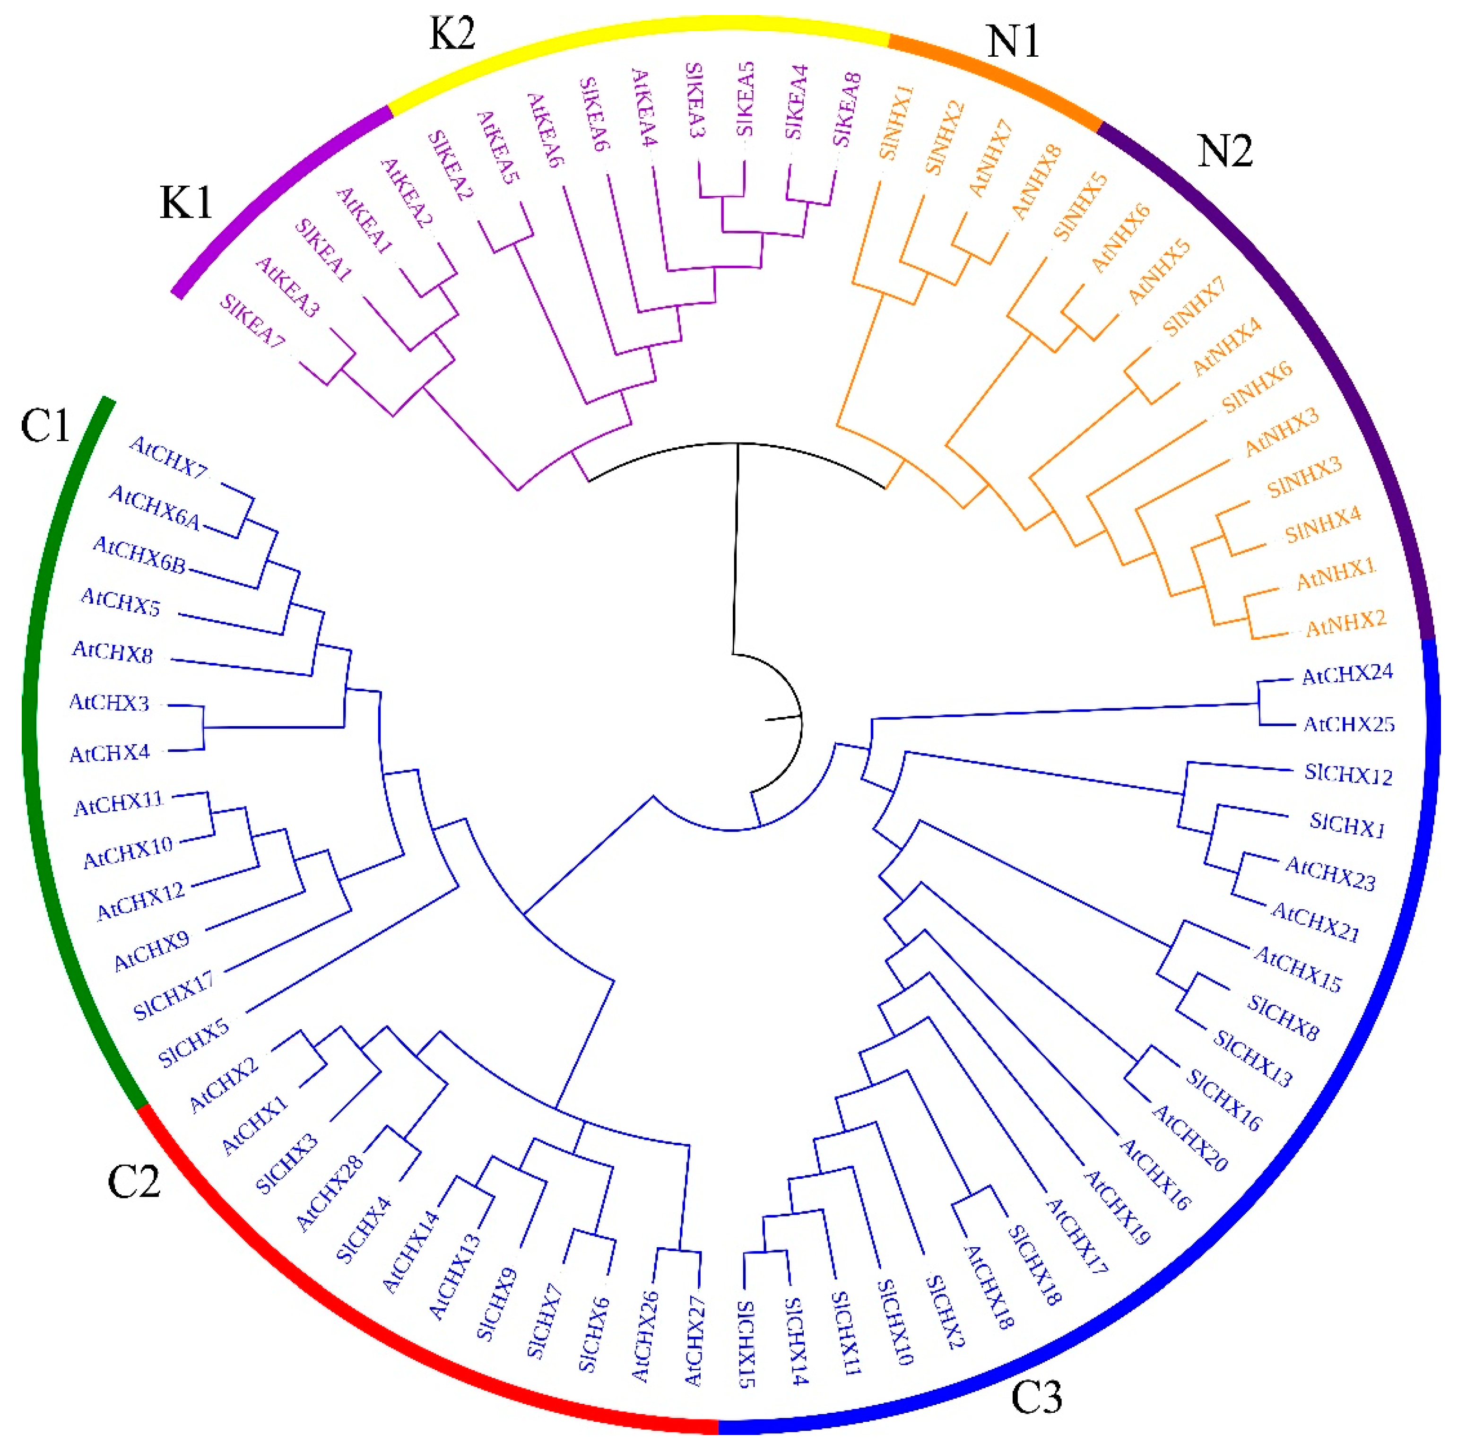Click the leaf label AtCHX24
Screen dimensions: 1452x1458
(x=1347, y=674)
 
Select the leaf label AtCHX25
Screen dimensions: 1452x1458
(x=1349, y=724)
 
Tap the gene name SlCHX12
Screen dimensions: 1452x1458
(x=1348, y=775)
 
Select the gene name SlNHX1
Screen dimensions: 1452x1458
(x=896, y=122)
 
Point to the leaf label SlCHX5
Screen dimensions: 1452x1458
(x=193, y=1042)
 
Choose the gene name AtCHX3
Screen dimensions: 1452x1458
(x=109, y=704)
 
